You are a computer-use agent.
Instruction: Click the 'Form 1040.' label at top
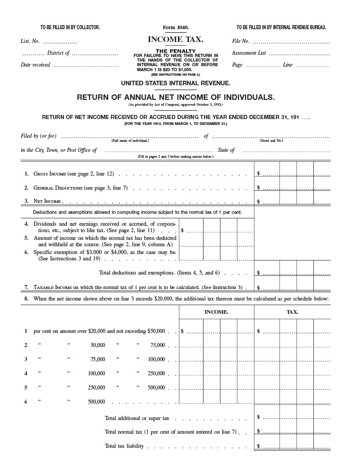[176, 28]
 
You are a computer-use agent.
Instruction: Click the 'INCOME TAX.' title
[176, 40]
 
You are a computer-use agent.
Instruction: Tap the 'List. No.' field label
[30, 41]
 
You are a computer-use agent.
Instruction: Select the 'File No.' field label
[240, 41]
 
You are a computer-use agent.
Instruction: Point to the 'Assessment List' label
[249, 53]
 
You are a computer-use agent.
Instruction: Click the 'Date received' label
[36, 65]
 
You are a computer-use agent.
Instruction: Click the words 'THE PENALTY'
[176, 51]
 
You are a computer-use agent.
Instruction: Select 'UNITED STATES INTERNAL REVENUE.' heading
[176, 83]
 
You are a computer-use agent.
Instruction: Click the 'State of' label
[226, 150]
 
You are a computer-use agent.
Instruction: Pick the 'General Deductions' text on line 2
[57, 187]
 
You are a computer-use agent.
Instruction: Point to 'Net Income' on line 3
[47, 201]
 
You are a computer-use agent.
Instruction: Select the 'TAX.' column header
[292, 312]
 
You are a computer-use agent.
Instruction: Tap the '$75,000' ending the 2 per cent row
[157, 345]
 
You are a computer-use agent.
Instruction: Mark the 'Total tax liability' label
[124, 446]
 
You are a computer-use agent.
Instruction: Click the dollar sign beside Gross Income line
[259, 174]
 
